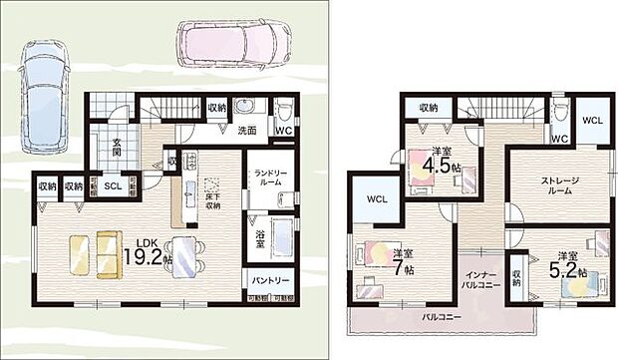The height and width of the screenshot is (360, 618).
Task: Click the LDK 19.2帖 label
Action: [145, 250]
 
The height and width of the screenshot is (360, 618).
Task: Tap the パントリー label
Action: [271, 280]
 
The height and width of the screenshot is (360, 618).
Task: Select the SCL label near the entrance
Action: [114, 186]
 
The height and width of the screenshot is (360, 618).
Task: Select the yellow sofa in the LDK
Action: [94, 252]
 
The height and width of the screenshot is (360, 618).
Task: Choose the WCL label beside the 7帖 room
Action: [377, 198]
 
